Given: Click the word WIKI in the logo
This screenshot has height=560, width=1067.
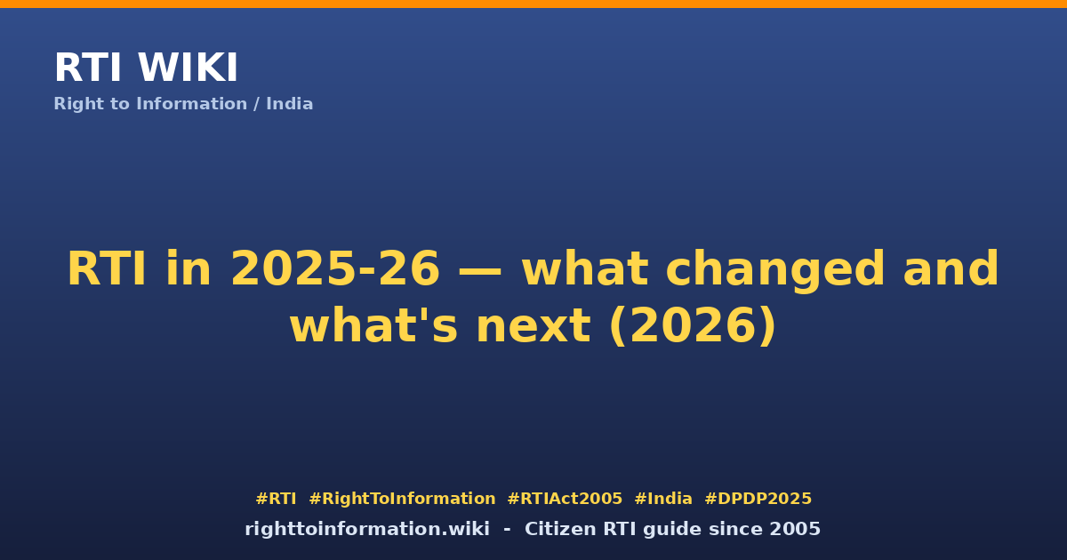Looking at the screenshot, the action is point(188,68).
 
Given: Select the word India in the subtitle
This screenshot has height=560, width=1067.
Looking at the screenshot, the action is point(289,104).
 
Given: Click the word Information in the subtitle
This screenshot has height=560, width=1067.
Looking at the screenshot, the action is point(191,104).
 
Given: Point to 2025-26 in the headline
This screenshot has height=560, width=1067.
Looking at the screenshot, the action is point(335,269).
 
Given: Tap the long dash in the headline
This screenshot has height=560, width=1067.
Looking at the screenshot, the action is point(480,271).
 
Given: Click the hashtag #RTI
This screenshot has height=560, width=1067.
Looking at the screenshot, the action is point(276,499).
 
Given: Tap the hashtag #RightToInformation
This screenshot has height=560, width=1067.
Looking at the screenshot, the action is point(402,499).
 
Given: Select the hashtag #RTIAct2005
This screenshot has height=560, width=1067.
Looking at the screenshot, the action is point(565,499).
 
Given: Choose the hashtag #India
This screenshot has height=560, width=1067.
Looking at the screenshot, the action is point(663,499).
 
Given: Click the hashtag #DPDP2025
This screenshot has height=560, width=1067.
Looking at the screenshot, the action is point(758,499).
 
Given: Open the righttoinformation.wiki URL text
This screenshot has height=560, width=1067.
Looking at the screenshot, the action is point(367,529).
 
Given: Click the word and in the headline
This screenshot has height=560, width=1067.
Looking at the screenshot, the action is point(951,268).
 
